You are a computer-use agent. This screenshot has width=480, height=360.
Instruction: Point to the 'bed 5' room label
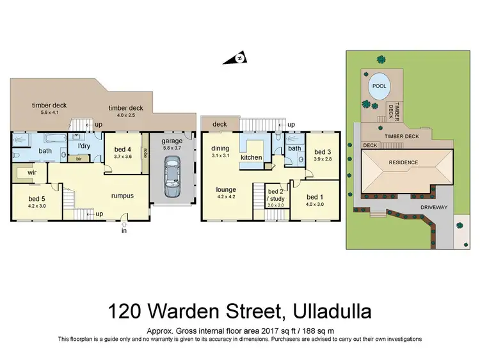[36, 198]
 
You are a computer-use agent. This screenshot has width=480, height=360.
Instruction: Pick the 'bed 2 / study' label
[276, 194]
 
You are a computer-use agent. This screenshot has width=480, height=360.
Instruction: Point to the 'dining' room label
[220, 148]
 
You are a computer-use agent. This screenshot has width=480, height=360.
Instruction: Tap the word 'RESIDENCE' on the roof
[401, 162]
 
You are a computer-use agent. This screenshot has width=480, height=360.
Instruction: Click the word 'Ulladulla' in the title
[332, 312]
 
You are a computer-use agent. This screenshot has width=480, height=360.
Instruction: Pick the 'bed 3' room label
[321, 152]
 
